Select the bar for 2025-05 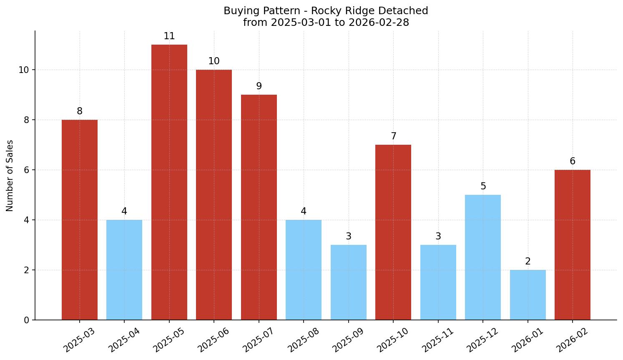(169, 182)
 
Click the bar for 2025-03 (79, 220)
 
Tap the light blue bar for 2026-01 (528, 295)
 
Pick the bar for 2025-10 (393, 232)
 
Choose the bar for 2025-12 (482, 257)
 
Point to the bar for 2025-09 (348, 282)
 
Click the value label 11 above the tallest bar (169, 36)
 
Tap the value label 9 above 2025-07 (259, 86)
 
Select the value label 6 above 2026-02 (572, 161)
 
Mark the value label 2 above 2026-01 (528, 262)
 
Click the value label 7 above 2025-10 (393, 136)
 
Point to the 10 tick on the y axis (24, 70)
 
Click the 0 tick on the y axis (27, 320)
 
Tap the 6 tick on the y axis (27, 170)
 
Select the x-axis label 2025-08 (303, 340)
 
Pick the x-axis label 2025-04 (124, 340)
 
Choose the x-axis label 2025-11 (438, 340)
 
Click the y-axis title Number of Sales (10, 176)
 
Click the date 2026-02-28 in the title (379, 23)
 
